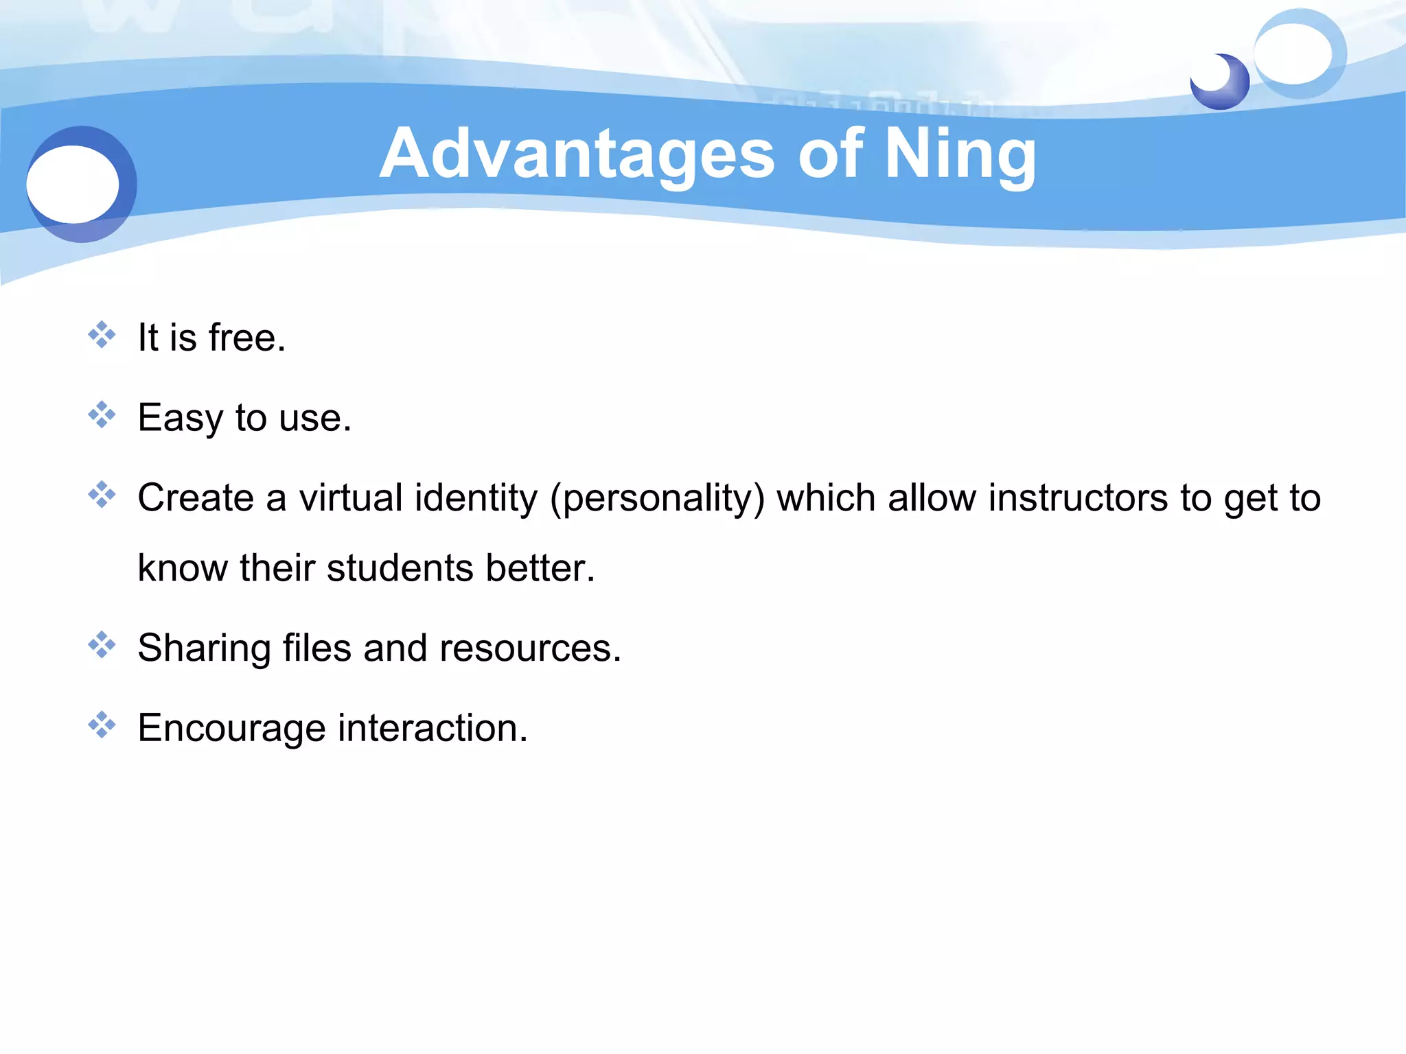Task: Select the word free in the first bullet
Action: pos(246,338)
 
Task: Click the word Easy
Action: pos(180,419)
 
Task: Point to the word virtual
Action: pos(350,497)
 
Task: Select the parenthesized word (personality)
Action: pos(657,499)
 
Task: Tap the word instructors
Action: pos(1077,497)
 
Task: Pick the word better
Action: pos(540,568)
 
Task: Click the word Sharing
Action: pos(204,648)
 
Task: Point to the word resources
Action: pos(529,648)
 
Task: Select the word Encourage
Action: pos(231,729)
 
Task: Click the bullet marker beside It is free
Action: pos(102,335)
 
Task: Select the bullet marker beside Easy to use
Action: pos(102,415)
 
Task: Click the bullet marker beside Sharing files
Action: pos(102,645)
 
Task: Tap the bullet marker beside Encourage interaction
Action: pos(102,725)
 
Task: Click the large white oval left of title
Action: pos(73,184)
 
